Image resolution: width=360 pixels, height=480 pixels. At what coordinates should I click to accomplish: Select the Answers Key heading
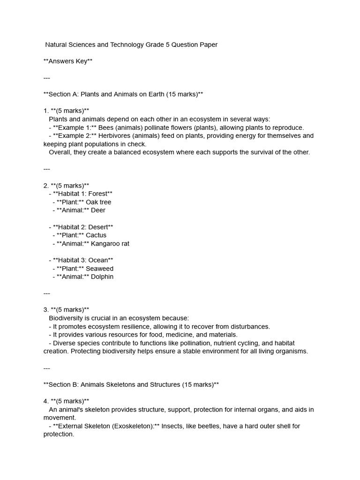(x=68, y=61)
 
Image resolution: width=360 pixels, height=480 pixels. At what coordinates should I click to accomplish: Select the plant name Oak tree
(x=98, y=202)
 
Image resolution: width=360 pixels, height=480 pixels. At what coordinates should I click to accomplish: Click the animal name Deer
(x=98, y=210)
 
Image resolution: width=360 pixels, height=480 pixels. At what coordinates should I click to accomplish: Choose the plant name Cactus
(x=96, y=235)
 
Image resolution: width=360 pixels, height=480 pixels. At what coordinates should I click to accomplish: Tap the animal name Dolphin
(x=102, y=277)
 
